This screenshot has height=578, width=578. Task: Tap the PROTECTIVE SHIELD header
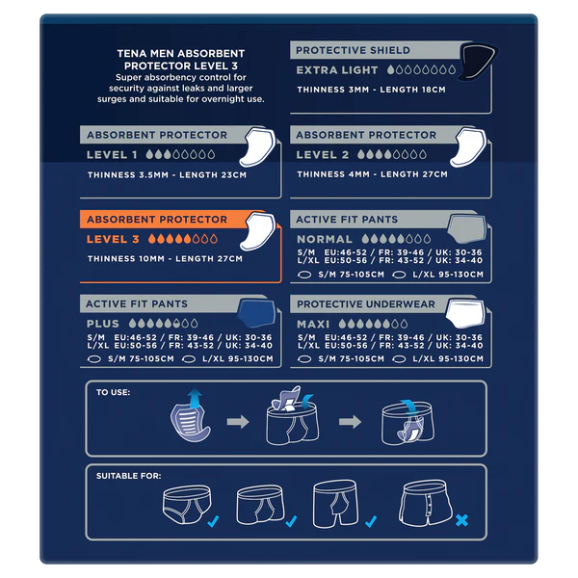pos(353,50)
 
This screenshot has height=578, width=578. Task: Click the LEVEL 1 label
pos(112,154)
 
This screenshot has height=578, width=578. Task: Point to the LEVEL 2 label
pos(323,154)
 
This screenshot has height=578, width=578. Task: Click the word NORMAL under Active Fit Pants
pos(325,238)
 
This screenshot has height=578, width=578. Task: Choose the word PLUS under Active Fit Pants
pos(103,324)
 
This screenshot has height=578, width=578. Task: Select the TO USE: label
pos(113,393)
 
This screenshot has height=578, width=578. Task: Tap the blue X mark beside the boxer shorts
pos(461,521)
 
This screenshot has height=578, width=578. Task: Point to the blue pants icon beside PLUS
pos(252,315)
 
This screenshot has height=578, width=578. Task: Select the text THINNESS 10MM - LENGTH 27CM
pos(164,258)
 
